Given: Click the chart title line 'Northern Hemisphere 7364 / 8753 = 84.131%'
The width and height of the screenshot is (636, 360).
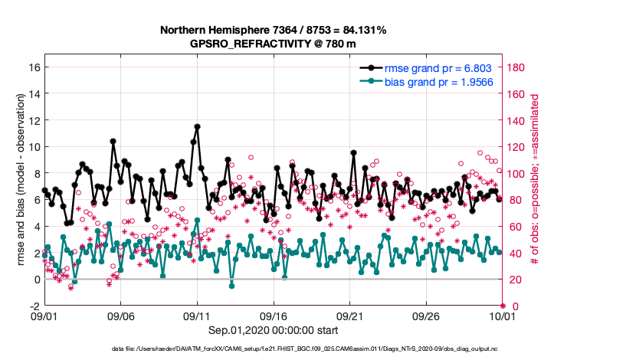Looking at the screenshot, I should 273,30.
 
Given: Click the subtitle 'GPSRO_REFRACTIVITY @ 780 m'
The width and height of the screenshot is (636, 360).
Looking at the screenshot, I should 273,44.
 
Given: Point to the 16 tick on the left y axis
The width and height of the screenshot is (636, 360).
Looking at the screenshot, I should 33,67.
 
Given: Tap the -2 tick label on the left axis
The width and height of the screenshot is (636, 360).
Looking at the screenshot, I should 34,306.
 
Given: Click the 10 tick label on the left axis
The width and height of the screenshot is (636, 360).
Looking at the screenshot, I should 33,146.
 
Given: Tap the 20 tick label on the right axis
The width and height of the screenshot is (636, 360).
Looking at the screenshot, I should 514,280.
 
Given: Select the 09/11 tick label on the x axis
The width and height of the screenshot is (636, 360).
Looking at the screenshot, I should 197,316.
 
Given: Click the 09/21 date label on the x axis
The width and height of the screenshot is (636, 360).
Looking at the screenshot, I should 349,316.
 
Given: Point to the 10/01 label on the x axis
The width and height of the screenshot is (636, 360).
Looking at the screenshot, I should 503,316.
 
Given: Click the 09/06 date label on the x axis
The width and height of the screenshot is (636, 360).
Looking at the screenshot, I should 120,316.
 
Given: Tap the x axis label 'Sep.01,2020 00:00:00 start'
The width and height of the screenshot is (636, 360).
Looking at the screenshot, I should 273,329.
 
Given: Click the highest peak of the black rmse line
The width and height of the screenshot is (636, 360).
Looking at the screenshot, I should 197,126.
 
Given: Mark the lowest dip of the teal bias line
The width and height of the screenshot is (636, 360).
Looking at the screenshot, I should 231,285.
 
